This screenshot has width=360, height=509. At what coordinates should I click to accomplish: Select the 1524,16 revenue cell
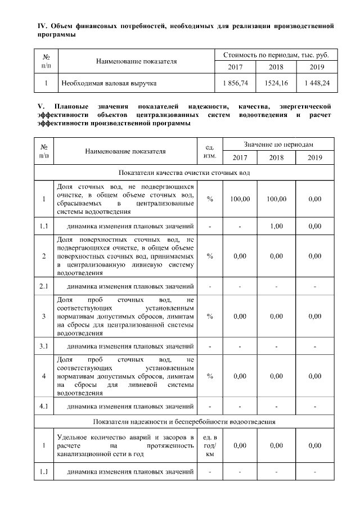pos(276,83)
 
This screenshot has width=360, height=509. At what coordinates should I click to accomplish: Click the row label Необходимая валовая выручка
pos(109,83)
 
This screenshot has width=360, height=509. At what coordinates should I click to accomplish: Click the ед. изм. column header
pos(209,151)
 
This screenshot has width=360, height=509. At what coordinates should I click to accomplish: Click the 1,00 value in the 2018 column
pos(276,226)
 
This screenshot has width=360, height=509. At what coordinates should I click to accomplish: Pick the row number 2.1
pos(44,286)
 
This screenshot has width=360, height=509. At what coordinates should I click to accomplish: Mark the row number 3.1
pos(44,345)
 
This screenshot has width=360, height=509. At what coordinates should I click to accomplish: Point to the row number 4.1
pos(44,405)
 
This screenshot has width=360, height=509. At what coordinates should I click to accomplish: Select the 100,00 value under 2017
pos(240,199)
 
